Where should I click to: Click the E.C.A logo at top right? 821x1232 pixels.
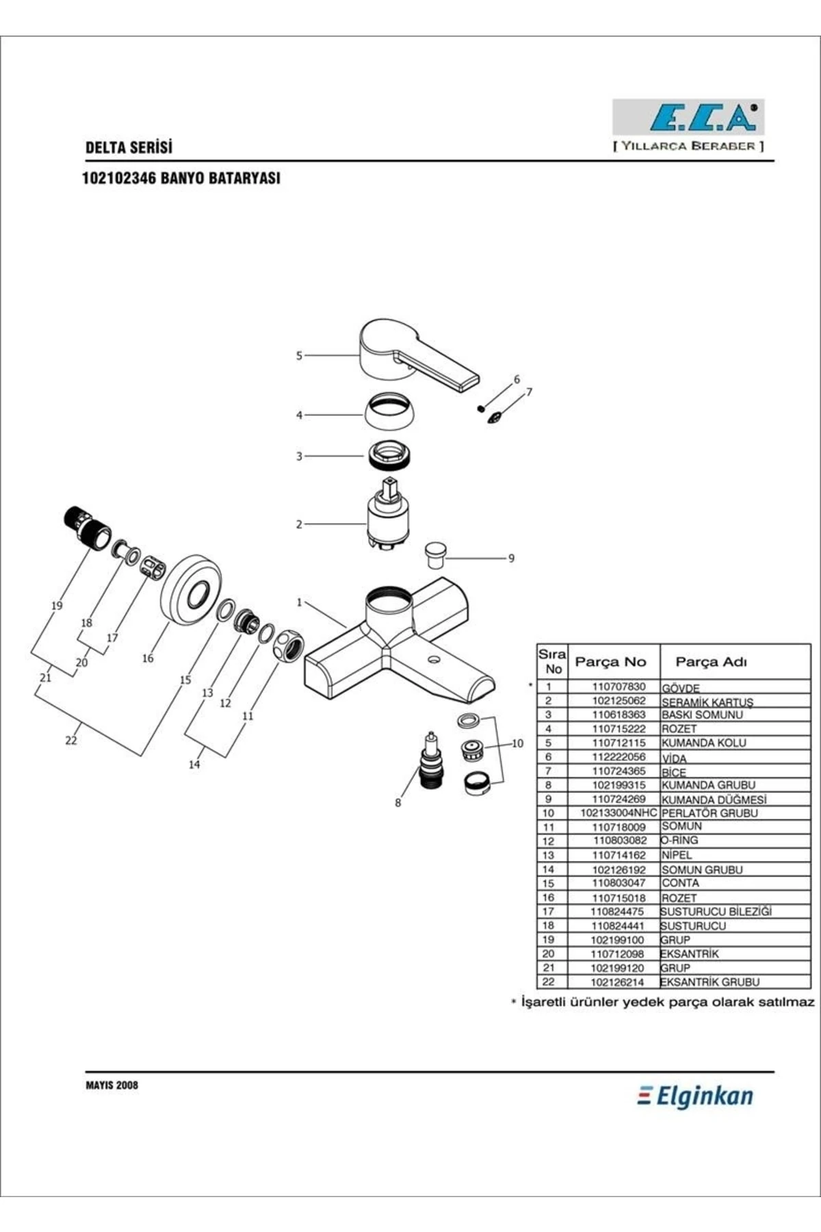point(688,117)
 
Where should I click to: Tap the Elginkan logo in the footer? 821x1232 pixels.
point(695,1096)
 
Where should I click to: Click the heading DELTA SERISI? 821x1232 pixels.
point(129,147)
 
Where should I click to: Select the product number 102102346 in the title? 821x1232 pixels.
point(119,178)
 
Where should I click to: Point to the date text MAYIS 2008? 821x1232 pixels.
point(112,1085)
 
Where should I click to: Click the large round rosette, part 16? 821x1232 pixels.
point(193,589)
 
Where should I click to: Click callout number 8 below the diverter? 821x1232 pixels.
point(398,803)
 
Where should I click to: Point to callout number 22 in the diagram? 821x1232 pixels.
point(71,741)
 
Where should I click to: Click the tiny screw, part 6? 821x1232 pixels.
point(481,409)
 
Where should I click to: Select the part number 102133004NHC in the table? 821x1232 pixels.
point(618,813)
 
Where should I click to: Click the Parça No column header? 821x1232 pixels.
point(610,662)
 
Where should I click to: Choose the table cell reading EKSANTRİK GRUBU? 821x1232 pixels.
point(710,982)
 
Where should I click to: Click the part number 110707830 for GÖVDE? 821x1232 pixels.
point(618,686)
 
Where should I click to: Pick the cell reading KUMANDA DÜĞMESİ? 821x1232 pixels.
point(714,799)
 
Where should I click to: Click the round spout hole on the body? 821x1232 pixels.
point(433,660)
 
